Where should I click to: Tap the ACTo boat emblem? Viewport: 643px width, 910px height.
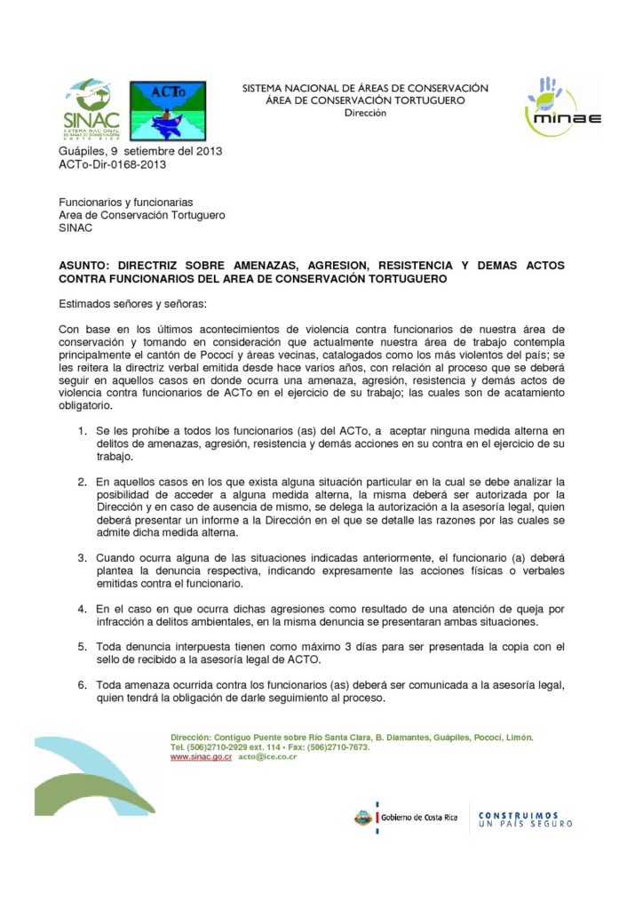tap(168, 111)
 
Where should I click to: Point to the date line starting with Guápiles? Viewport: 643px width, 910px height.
tap(140, 151)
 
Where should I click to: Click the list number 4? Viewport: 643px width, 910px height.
tap(81, 609)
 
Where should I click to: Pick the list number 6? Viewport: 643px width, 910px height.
tap(81, 685)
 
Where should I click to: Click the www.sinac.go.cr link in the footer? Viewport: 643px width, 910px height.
tap(201, 757)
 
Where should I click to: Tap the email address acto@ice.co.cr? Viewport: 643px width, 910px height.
tap(267, 757)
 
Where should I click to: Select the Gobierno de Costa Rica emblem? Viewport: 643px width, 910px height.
tap(362, 817)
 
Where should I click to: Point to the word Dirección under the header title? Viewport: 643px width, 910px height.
tap(365, 113)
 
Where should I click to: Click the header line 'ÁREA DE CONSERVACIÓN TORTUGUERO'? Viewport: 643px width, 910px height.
tap(365, 100)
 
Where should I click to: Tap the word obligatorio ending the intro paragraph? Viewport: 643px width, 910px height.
tap(86, 405)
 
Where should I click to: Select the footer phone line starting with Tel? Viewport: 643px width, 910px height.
tap(270, 747)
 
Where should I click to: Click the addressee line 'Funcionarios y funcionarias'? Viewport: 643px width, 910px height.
tap(126, 203)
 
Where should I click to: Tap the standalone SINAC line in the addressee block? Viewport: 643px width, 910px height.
tap(75, 227)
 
